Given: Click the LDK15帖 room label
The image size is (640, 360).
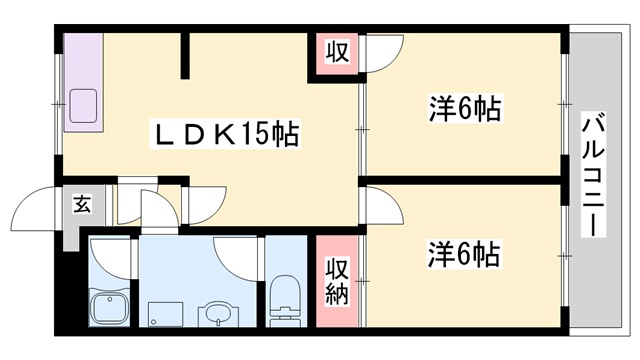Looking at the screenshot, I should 224,135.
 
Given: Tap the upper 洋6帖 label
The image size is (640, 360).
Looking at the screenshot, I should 465,107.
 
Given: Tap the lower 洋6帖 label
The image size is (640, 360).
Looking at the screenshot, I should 465,253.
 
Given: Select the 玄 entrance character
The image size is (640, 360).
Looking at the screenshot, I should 82,205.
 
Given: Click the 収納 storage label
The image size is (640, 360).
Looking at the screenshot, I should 337,281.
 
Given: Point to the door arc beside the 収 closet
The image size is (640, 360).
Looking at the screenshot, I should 382,55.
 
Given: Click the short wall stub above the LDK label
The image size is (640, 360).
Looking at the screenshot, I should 183,57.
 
